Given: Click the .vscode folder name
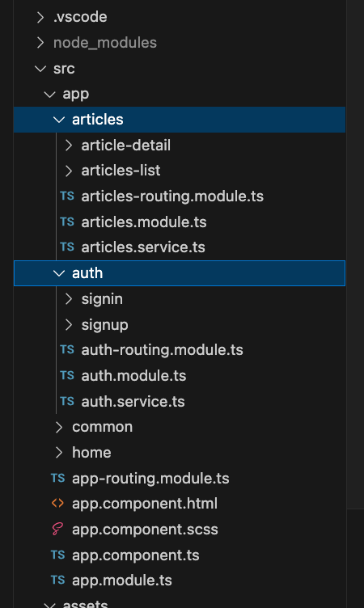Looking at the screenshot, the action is click(x=80, y=17).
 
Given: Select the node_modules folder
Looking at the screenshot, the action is click(x=105, y=43).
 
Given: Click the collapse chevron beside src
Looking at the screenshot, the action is click(x=40, y=69).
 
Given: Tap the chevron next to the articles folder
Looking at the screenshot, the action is click(x=59, y=120).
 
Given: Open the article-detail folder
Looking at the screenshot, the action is click(x=125, y=146).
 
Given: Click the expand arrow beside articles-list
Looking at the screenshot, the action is click(x=69, y=171).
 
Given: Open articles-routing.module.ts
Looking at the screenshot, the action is click(x=172, y=196).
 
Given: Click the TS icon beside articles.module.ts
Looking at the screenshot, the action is click(x=67, y=222).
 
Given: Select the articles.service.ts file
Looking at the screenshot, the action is click(x=143, y=247).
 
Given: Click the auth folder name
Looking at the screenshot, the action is click(x=87, y=273).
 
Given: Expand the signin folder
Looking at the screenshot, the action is click(x=102, y=299).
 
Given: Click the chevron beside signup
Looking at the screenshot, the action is click(x=69, y=324).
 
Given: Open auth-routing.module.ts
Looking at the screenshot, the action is click(x=163, y=350).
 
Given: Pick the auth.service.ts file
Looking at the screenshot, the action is click(x=133, y=401).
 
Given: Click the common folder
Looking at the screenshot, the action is click(x=103, y=427).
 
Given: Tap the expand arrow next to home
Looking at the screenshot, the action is click(x=59, y=453).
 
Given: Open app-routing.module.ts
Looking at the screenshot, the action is click(x=150, y=479).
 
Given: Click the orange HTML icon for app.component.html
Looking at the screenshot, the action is click(x=57, y=504).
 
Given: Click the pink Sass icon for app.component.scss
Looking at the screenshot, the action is click(x=57, y=530).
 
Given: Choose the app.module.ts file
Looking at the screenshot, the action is click(x=122, y=581).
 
